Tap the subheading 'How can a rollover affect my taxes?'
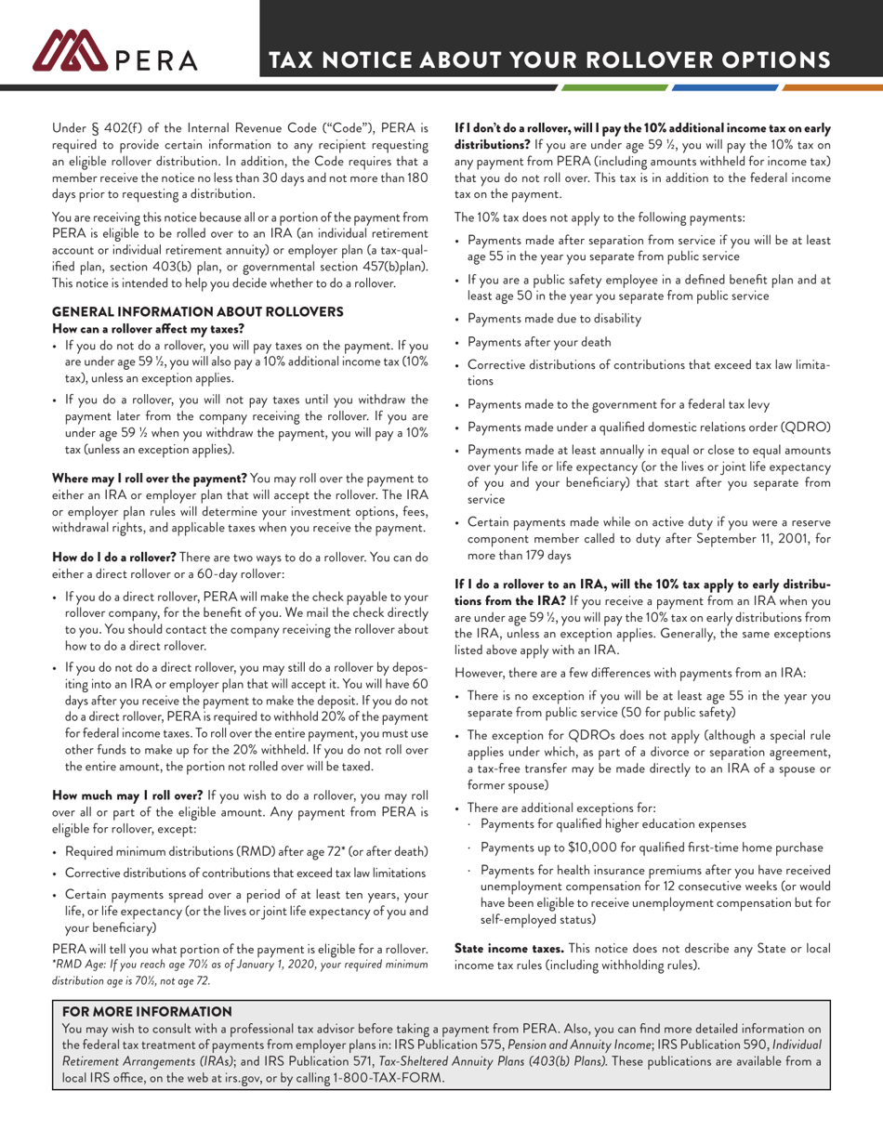pos(148,328)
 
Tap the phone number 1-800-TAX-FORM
pos(389,1078)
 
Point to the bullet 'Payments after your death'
pos(539,342)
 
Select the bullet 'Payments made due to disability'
pos(554,319)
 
